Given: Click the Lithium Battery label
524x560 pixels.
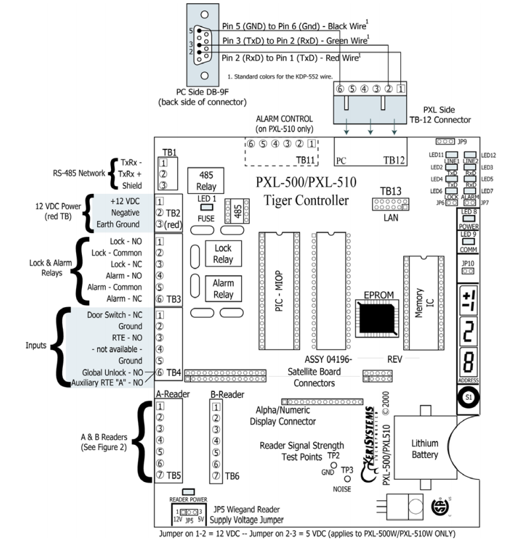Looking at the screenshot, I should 424,448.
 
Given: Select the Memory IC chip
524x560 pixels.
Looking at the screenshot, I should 418,308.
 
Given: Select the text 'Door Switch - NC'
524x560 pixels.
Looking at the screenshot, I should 114,314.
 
